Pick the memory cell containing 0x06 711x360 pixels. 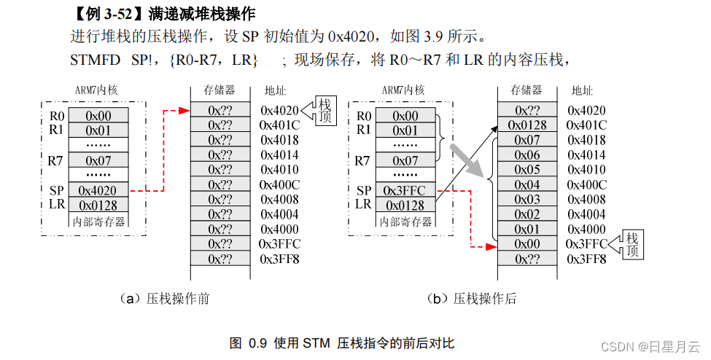(527, 155)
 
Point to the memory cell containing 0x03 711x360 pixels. (527, 200)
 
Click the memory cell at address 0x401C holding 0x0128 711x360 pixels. (527, 125)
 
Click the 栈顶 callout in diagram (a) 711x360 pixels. (325, 111)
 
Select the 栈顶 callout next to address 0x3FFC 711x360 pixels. (632, 243)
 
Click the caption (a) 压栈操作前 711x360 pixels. (163, 299)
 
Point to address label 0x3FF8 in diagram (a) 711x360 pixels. (280, 259)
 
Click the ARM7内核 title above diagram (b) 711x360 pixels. (403, 90)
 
